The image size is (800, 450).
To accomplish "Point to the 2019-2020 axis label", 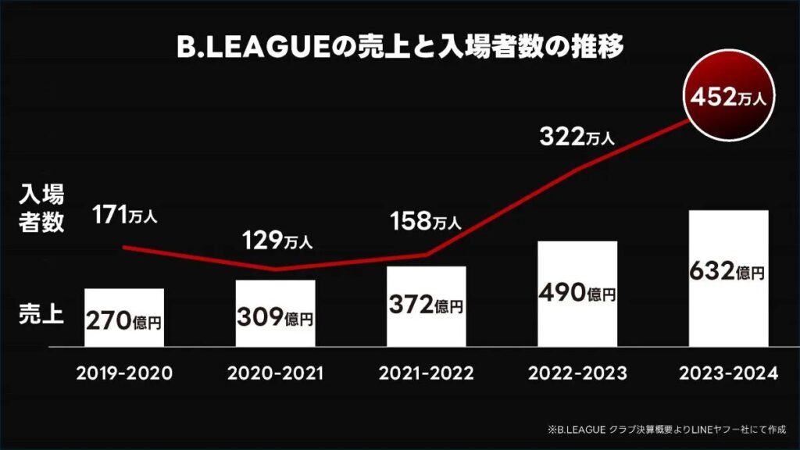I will [x=123, y=373].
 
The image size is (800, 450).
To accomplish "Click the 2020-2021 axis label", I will [x=275, y=373].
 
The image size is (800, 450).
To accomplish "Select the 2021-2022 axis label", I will [x=427, y=373].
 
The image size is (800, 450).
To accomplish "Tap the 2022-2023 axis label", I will [x=577, y=373].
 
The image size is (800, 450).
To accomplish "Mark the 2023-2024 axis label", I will [x=728, y=373].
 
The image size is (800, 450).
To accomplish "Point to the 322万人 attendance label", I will [x=577, y=137].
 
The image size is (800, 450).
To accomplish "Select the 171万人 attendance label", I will [x=124, y=214].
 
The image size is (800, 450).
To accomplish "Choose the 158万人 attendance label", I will [x=425, y=222].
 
